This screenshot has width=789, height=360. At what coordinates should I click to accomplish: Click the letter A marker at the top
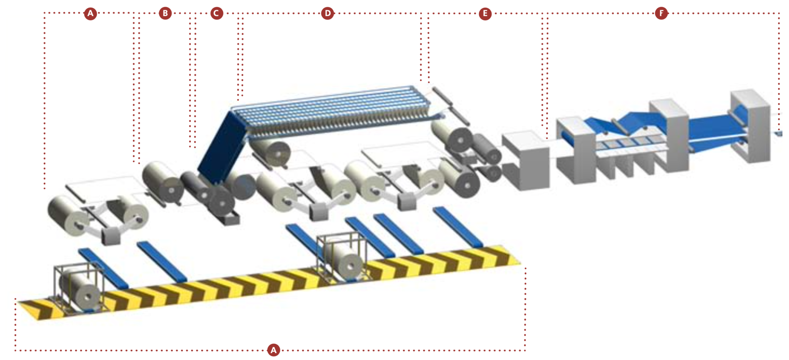pos(90,13)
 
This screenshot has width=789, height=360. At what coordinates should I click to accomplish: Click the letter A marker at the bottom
pos(273,350)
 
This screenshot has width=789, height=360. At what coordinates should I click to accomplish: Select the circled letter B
pos(165,13)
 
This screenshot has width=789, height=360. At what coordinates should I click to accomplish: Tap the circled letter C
pos(217,13)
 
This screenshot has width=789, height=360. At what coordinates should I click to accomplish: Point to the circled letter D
pos(327,13)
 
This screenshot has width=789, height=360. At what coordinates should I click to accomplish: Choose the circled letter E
pos(485,14)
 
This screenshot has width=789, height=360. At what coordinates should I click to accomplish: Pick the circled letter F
pos(661,13)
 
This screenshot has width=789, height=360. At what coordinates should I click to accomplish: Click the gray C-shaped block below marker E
pos(526,160)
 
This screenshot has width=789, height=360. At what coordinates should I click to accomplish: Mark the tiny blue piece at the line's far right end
pos(779,134)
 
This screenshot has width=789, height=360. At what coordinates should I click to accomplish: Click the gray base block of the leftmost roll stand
pos(111,236)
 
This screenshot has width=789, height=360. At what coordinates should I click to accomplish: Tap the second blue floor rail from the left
pos(162,261)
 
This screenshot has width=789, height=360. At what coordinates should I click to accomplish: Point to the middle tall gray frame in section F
pos(670,135)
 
